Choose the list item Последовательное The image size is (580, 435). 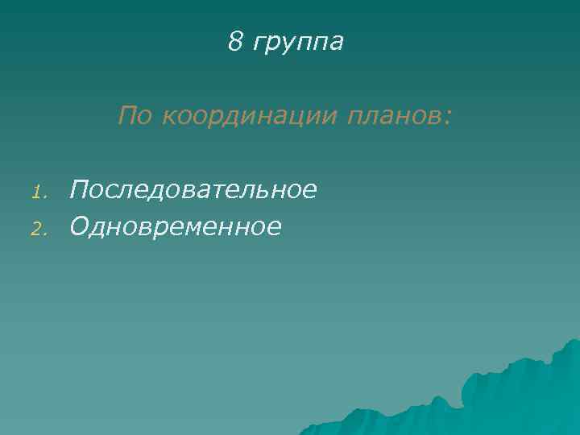click(x=193, y=190)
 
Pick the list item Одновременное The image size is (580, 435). click(x=176, y=227)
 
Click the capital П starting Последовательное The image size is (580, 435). click(x=79, y=190)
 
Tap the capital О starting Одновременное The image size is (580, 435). click(x=80, y=227)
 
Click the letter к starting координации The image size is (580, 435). click(x=167, y=118)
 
